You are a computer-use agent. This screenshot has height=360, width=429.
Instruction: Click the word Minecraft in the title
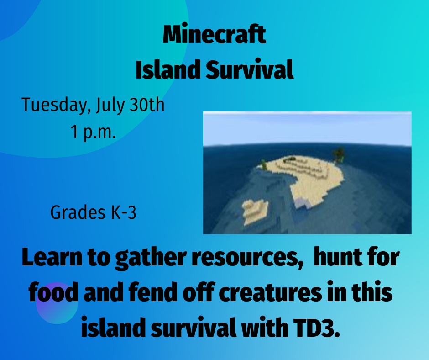click(x=214, y=35)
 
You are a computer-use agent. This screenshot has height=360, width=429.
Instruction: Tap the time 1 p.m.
click(x=93, y=132)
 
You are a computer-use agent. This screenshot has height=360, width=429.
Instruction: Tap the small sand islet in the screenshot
click(x=253, y=210)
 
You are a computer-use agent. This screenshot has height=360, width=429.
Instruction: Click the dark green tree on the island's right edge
click(x=339, y=154)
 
